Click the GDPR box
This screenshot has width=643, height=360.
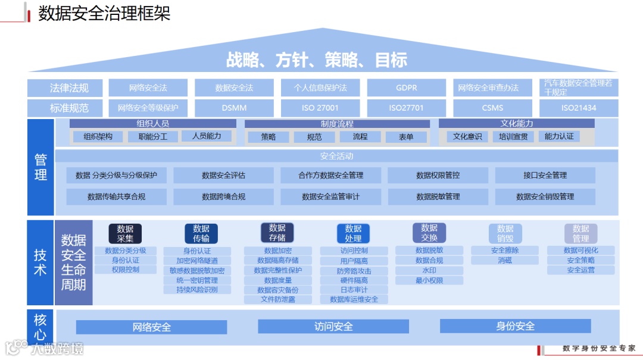click(407, 87)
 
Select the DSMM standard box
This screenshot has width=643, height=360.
click(234, 108)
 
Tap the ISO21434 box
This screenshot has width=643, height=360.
click(579, 108)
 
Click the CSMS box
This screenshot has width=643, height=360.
click(492, 108)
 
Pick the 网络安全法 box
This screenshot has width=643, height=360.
click(148, 87)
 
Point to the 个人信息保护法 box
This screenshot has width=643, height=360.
click(320, 87)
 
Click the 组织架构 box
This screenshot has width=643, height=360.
click(98, 136)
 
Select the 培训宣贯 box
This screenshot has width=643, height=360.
click(513, 136)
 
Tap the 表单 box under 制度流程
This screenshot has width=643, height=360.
click(406, 137)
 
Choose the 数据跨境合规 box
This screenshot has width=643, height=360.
click(223, 196)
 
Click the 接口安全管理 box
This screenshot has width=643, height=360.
click(545, 175)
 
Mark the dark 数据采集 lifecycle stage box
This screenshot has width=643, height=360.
click(125, 233)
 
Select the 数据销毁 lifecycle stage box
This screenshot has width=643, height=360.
click(505, 233)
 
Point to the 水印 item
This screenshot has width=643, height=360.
click(429, 270)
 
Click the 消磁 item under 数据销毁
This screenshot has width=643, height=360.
click(505, 260)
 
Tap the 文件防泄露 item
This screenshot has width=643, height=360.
click(278, 299)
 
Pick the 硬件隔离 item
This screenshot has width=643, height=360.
click(354, 280)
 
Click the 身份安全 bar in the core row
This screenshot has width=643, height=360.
click(515, 326)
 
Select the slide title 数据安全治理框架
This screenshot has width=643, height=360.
click(104, 13)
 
